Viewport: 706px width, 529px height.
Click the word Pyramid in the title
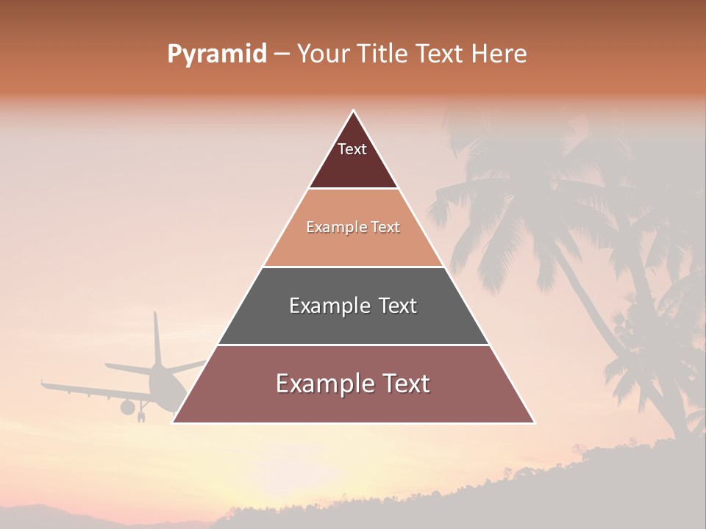coord(216,54)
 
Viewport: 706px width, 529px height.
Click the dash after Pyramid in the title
coord(282,54)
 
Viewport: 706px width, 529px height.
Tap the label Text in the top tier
coord(352,149)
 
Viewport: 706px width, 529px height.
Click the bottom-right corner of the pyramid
coord(535,423)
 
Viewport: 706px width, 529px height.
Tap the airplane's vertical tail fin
coord(157,338)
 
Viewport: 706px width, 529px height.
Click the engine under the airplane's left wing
coord(128,406)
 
